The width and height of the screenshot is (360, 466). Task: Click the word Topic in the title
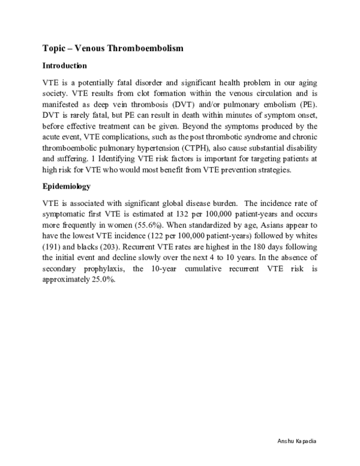click(55, 47)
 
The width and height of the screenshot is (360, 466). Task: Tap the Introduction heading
click(64, 65)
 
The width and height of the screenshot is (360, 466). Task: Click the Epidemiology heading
click(66, 187)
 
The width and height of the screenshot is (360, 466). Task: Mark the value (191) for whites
click(52, 247)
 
